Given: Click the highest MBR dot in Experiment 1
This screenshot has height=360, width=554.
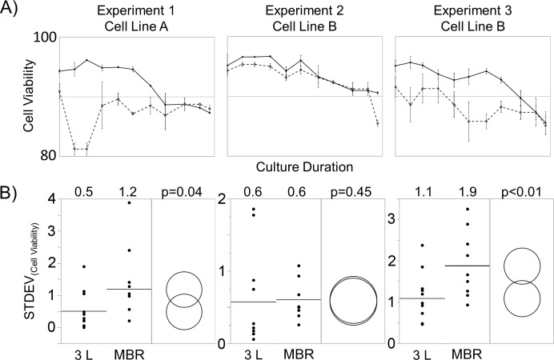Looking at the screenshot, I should (x=128, y=202).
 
